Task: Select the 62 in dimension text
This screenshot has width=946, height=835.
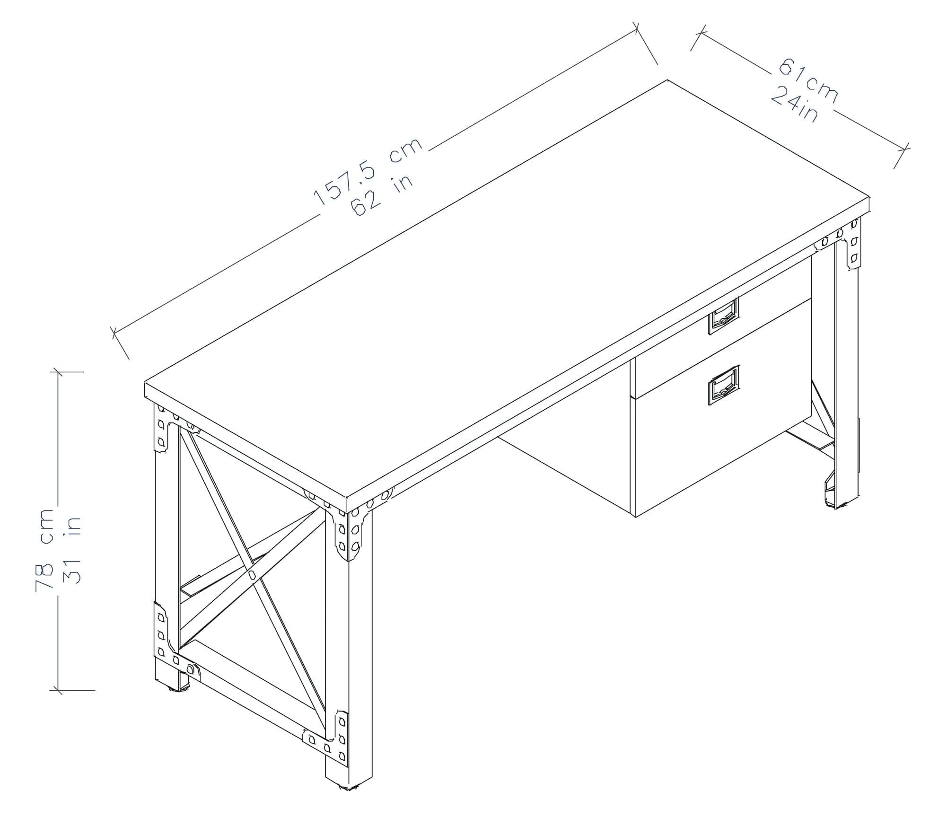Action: [382, 195]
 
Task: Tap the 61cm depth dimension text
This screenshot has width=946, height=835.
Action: [808, 80]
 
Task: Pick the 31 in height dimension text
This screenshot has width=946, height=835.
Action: [72, 550]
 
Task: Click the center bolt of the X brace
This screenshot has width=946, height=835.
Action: [252, 575]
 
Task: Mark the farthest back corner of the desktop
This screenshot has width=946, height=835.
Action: [667, 80]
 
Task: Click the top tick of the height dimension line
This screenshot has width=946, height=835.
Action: [58, 372]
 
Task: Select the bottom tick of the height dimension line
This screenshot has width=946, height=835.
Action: [58, 690]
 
